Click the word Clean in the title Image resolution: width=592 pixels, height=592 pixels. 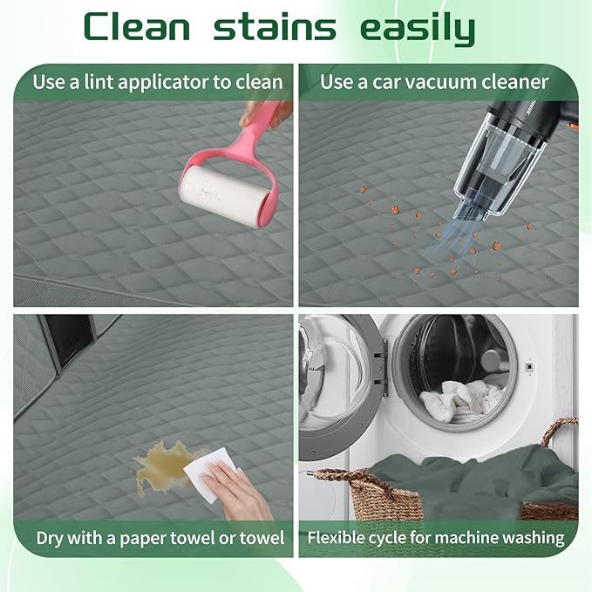(137, 26)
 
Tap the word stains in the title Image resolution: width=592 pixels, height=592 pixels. (275, 25)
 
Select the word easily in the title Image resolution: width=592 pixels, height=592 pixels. (418, 29)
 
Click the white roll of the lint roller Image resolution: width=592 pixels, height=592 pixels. (222, 195)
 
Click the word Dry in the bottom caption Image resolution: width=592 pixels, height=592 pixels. (50, 539)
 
